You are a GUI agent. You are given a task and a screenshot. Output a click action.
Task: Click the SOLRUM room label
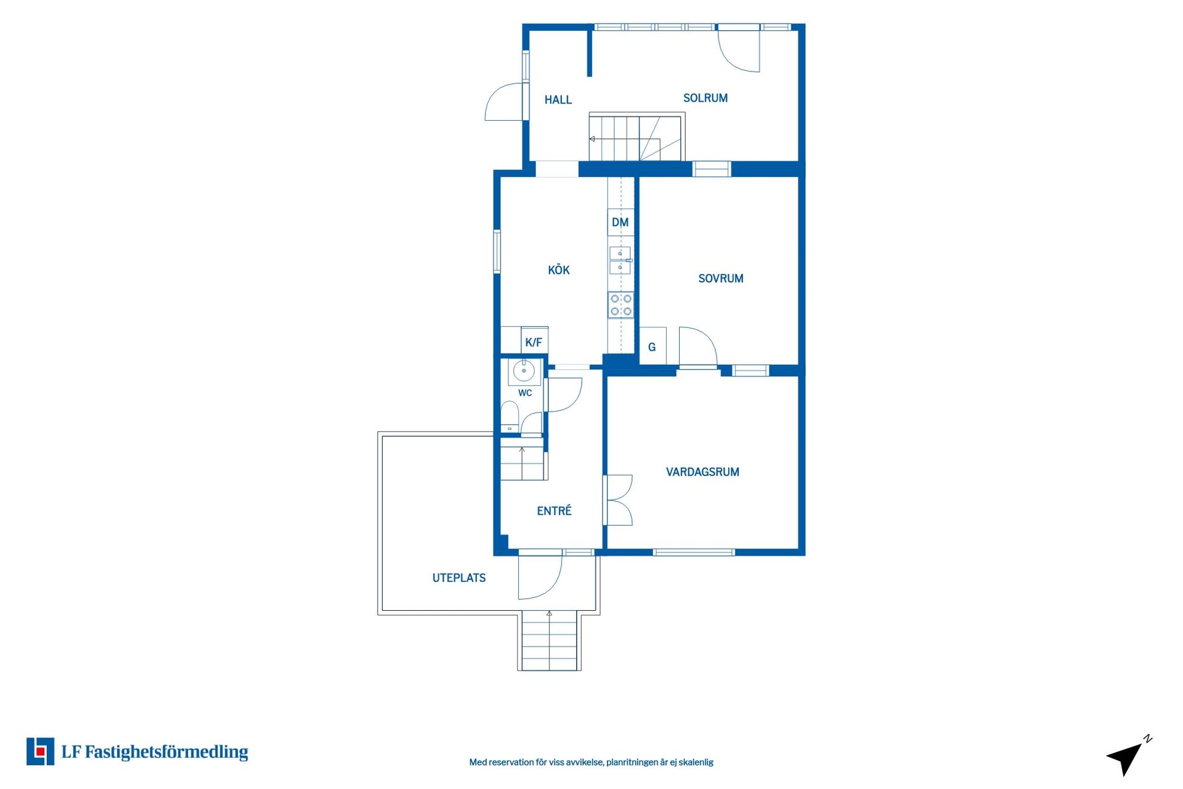pos(705,98)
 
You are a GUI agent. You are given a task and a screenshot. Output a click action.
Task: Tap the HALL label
pos(558,100)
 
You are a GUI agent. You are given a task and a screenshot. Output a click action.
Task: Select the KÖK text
pos(559,269)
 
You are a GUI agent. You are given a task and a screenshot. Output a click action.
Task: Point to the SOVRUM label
pos(721,279)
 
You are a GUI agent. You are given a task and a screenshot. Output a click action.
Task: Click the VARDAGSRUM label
pos(702,472)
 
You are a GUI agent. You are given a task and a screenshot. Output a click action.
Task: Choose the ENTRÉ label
pos(554,510)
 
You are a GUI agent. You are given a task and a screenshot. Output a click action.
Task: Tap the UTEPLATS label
pos(459,578)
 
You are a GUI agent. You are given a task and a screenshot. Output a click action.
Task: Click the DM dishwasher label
pos(620,223)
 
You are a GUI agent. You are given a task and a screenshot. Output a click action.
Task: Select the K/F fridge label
pos(534,342)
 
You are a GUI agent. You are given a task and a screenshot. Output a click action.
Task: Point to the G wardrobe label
pos(652,348)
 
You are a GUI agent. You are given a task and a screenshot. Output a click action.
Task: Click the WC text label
pos(525,393)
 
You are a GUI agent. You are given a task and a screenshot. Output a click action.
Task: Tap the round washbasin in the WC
pos(524,371)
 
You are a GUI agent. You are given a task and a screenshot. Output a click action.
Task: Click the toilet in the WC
pos(510,416)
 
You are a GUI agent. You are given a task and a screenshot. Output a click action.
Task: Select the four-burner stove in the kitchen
pos(620,305)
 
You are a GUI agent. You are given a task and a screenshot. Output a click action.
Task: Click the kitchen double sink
pos(620,260)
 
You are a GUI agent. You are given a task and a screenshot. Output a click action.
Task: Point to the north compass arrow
pos(1128,756)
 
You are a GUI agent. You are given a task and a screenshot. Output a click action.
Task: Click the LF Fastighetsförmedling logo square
pos(40,751)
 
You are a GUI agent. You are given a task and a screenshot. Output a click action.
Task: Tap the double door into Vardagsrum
pos(618,500)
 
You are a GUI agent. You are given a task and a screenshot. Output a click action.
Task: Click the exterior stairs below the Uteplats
pos(549,640)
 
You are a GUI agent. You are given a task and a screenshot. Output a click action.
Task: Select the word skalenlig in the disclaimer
pos(696,762)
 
